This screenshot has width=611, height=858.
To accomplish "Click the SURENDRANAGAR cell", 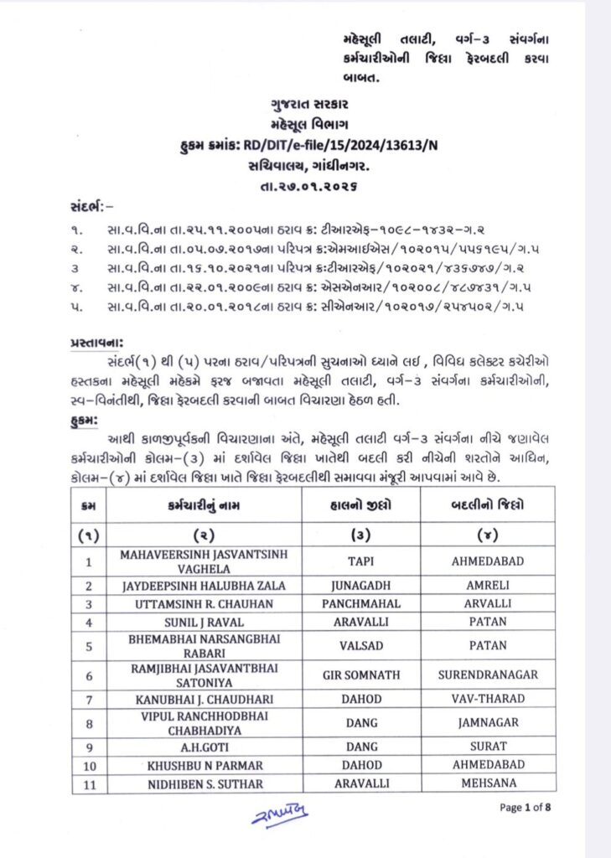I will tap(489, 675).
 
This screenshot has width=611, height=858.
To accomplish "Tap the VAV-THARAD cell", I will tap(489, 700).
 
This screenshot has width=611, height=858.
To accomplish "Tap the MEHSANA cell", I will tap(489, 783).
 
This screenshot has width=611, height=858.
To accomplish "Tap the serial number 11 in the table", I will tap(88, 783).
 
